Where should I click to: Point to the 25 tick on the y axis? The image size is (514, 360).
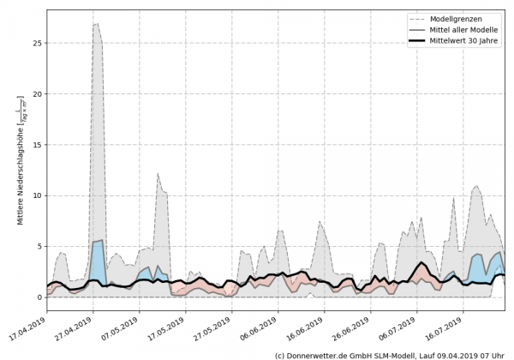click(38, 43)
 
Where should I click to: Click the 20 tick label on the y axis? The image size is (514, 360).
click(38, 94)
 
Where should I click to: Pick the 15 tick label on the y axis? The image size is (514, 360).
click(38, 145)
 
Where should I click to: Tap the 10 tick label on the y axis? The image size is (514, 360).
click(38, 195)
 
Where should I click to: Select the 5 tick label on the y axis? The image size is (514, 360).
click(40, 247)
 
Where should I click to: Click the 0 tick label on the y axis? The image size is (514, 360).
click(40, 297)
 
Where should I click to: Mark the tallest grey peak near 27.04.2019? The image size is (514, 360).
click(96, 25)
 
